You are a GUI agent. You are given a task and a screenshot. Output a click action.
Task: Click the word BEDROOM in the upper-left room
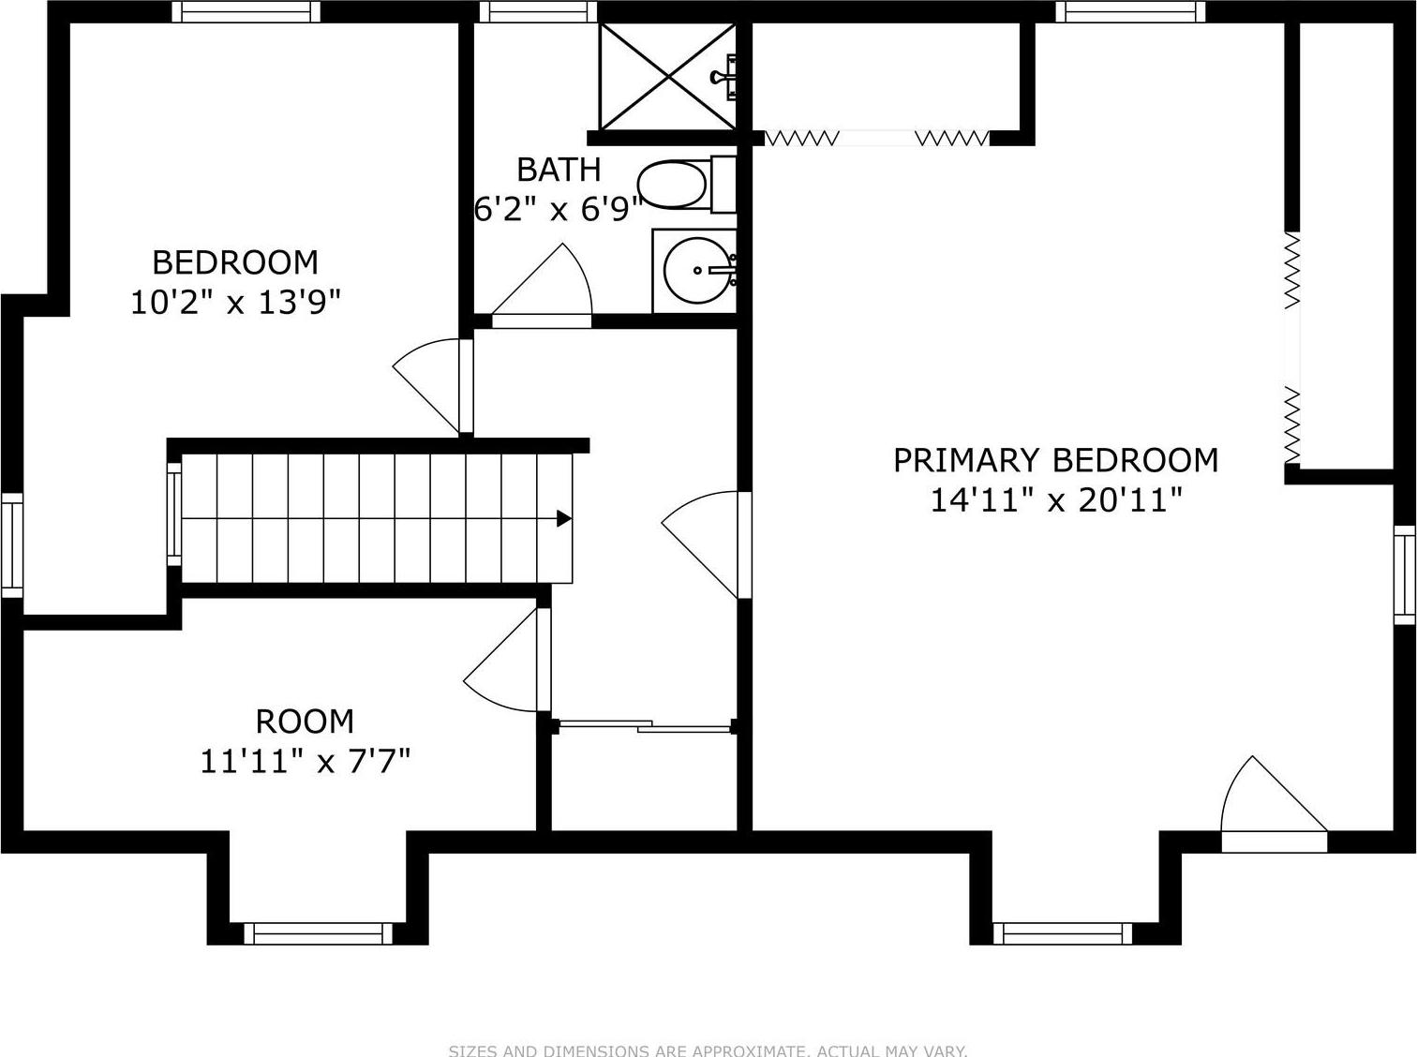[235, 261]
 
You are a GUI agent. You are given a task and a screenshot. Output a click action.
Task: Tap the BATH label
[559, 170]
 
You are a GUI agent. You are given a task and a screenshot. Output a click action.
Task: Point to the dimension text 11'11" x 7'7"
[306, 761]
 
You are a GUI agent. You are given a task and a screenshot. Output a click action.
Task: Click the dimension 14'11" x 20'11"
[1055, 500]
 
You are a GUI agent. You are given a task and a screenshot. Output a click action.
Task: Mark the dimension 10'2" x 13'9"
[235, 302]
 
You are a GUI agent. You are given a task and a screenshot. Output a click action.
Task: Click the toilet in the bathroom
[675, 185]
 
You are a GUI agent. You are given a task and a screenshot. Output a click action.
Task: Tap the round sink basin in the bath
[695, 270]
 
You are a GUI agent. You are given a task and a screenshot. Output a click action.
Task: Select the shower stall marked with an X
[667, 76]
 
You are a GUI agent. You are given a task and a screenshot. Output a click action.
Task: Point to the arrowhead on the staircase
[564, 518]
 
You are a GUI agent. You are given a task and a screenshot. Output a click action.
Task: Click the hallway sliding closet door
[645, 725]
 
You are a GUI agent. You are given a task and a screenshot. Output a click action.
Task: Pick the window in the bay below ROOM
[319, 933]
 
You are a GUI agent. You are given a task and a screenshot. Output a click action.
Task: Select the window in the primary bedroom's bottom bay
[1063, 933]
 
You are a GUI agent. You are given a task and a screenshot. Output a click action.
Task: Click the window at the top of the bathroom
[539, 11]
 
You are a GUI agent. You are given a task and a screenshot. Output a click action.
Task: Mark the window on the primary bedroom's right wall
[1405, 574]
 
